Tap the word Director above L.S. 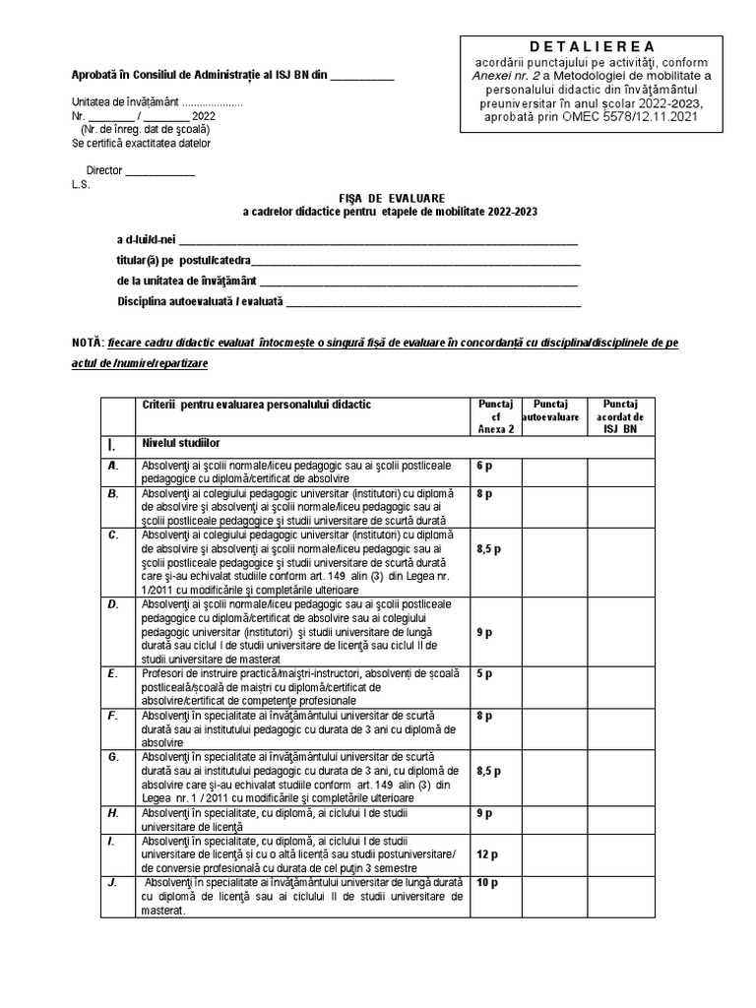(104, 170)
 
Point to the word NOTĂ (87, 344)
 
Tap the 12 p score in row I (487, 855)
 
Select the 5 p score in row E (484, 673)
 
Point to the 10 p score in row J (487, 883)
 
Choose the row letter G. (114, 756)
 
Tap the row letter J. (113, 883)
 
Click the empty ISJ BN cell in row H (627, 820)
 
